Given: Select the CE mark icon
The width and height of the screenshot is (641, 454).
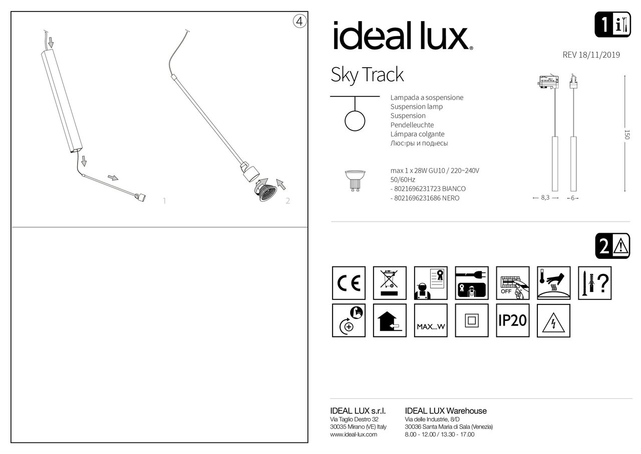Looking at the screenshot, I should tap(349, 283).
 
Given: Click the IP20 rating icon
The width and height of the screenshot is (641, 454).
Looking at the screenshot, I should tap(512, 320).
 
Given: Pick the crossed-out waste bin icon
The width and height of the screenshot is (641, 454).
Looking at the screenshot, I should tap(390, 283).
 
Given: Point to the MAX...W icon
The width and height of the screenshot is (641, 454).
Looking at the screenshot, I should tap(431, 320).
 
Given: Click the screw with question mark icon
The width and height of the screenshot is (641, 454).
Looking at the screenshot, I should tap(594, 283).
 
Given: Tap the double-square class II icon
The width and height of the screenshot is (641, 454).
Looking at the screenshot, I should tap(472, 320).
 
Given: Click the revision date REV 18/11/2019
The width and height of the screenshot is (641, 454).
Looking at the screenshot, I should tap(591, 55).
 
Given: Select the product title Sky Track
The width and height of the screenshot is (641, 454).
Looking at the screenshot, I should tap(367, 75).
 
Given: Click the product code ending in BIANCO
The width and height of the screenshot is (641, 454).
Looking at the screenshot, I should tap(428, 189).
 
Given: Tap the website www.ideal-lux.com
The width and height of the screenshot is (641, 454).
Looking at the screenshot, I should tap(354, 434).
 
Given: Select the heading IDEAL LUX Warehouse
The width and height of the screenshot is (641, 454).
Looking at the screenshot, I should tap(445, 411).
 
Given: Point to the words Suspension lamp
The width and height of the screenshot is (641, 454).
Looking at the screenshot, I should tap(416, 107).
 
